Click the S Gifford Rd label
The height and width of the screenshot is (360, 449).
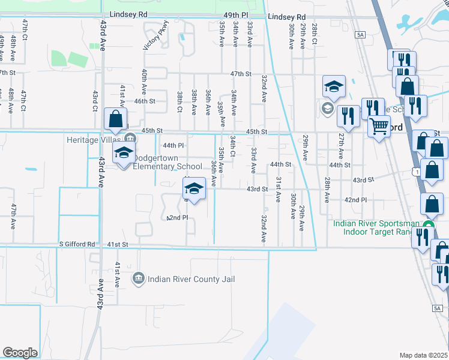[77, 244]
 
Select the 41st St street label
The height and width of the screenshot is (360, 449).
[118, 244]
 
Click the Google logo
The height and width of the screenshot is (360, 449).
[20, 352]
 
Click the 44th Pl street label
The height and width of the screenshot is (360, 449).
[173, 145]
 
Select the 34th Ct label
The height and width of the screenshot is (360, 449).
[232, 145]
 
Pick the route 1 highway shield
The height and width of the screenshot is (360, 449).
[415, 173]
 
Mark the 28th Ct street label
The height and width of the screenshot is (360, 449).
[314, 34]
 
